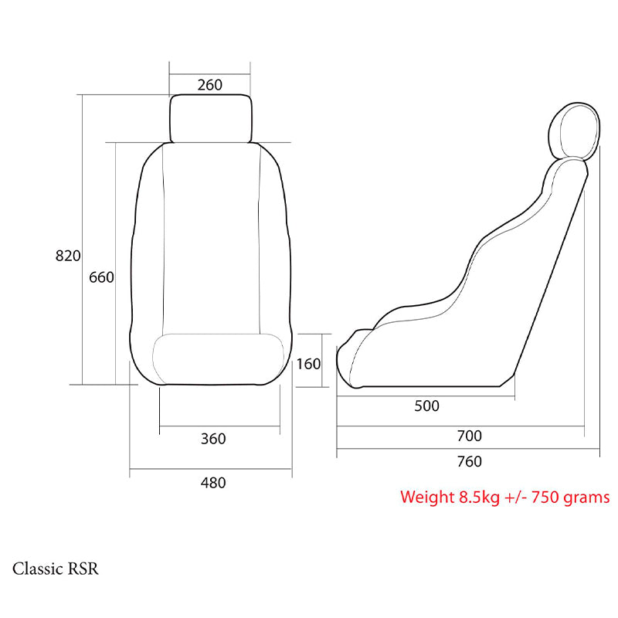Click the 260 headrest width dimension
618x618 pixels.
[209, 85]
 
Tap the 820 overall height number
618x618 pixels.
[68, 256]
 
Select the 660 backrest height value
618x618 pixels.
[101, 277]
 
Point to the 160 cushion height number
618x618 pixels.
[308, 364]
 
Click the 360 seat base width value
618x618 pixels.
[213, 439]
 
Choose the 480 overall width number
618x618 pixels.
[213, 483]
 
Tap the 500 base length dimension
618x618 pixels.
[426, 406]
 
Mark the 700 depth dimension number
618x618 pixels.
[470, 436]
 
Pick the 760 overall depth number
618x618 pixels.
[470, 461]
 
